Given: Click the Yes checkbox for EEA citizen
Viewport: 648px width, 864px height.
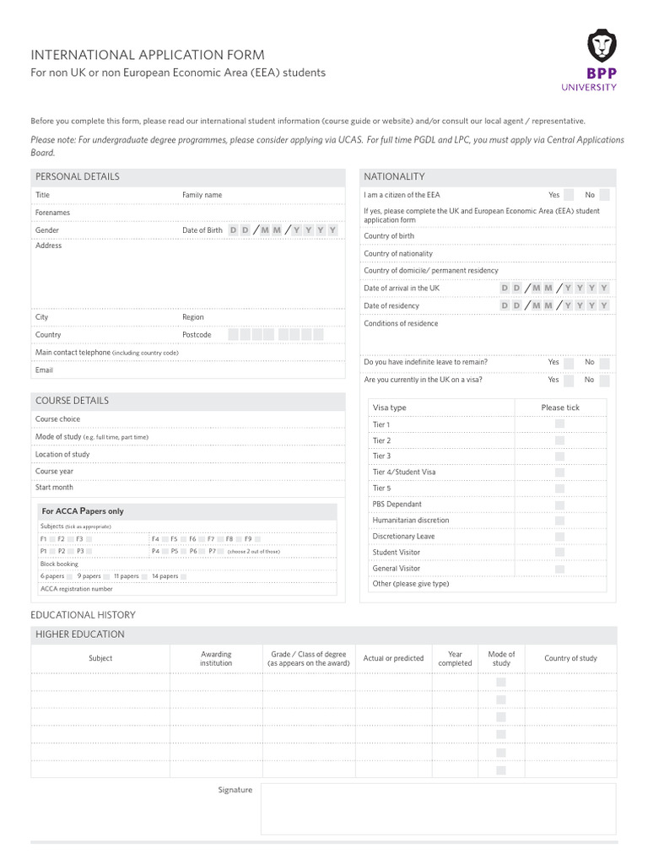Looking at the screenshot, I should (x=570, y=195).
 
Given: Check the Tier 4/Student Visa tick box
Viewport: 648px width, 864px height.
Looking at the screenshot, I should (x=559, y=472).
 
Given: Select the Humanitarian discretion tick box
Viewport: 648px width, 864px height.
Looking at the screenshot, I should (x=559, y=521).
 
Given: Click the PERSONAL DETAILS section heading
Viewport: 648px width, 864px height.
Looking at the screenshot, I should (x=78, y=177).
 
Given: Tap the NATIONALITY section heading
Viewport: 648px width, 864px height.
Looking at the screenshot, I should (x=394, y=177).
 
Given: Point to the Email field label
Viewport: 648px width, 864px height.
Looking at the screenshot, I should (x=44, y=370).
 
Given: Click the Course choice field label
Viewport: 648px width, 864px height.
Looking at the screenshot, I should (x=58, y=419).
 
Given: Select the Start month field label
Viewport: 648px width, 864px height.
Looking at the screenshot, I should (x=54, y=488).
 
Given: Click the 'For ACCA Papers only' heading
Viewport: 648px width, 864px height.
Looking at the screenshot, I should (x=83, y=511).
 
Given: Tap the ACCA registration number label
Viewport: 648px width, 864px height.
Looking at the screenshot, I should (x=76, y=589).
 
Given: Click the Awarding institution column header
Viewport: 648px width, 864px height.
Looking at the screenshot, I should (x=216, y=659).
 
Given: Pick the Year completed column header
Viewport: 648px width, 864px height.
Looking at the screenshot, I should (x=455, y=659).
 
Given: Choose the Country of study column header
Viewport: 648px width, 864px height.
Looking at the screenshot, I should (x=570, y=659).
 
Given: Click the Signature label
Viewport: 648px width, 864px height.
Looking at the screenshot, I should (x=235, y=791).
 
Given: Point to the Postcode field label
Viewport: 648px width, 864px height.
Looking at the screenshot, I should (x=197, y=335).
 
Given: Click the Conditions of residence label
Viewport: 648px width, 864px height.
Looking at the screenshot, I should (x=401, y=324).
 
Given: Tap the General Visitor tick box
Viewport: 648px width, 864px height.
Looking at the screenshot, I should (x=559, y=569).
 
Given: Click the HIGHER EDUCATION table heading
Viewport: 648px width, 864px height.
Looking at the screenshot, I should (x=79, y=634).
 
